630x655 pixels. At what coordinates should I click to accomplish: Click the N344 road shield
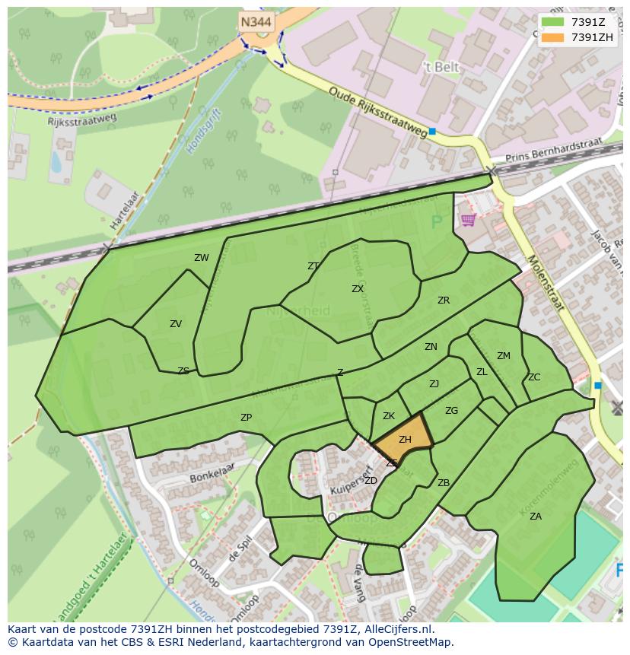tap(256, 23)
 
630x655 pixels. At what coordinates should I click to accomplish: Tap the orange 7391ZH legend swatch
tap(553, 37)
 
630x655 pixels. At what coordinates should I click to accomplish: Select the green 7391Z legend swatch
tap(553, 22)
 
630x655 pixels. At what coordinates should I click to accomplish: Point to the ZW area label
tap(201, 258)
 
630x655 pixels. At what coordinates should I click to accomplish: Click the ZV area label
tap(176, 324)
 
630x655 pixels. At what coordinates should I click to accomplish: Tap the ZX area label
tap(358, 289)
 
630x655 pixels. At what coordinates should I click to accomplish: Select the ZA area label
tap(536, 517)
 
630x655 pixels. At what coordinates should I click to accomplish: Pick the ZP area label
tap(246, 418)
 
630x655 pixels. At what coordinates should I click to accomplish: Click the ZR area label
tap(444, 300)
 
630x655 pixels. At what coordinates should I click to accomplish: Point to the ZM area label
tap(504, 356)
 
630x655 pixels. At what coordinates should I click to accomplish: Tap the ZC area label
tap(534, 377)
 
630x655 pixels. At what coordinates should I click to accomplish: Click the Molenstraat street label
tap(545, 284)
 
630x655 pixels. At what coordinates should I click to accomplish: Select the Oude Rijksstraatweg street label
tap(378, 112)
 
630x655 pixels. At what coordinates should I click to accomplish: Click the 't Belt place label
tap(442, 67)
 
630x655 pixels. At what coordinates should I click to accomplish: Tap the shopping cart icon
tap(468, 220)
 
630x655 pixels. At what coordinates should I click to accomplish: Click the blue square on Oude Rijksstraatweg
tap(432, 132)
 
